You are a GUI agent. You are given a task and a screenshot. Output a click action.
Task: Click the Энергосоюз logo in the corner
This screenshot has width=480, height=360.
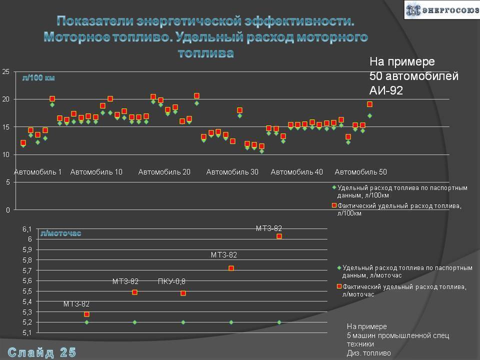[x=440, y=9]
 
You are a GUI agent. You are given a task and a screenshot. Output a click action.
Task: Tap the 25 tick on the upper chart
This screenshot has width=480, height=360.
[x=6, y=72]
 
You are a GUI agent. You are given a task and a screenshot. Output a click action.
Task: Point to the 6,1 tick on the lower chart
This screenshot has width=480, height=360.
[x=26, y=229]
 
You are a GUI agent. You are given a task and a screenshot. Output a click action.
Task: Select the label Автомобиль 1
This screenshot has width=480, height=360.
[x=37, y=172]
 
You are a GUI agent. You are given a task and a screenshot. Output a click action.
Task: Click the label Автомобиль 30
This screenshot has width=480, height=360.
[x=232, y=172]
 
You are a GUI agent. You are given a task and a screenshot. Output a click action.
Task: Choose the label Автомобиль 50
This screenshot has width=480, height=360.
[x=360, y=172]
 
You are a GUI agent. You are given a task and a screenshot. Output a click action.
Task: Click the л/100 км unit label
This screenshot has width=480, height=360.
[x=38, y=78]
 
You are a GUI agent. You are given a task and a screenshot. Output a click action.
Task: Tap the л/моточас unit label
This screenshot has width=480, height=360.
[x=60, y=233]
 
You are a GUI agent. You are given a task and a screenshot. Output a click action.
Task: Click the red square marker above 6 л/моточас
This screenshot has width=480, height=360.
[x=279, y=236]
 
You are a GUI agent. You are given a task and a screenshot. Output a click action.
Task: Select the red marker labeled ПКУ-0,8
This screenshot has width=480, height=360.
[x=183, y=293]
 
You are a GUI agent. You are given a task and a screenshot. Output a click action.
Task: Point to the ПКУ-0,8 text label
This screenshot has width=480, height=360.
[x=171, y=281]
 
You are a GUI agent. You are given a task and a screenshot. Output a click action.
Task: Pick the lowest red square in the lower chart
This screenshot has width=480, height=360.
[x=86, y=314]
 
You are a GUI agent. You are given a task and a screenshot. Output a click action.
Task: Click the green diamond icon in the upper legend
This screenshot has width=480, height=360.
[x=334, y=187]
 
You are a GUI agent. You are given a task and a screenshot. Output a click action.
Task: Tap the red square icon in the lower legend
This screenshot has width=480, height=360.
[x=339, y=286]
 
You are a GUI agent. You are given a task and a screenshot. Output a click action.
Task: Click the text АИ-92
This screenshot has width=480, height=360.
[x=386, y=90]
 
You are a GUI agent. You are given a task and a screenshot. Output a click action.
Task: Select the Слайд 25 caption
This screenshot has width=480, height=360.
[x=42, y=352]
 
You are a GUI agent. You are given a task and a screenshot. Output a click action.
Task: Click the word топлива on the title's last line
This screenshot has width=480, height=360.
[x=205, y=52]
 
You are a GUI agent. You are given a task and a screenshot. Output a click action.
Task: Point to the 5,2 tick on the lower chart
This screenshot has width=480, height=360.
[x=26, y=322]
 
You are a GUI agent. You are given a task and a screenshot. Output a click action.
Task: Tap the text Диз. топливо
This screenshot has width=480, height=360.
[x=369, y=353]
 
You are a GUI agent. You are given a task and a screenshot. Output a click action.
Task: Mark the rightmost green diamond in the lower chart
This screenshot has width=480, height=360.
[x=279, y=322]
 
